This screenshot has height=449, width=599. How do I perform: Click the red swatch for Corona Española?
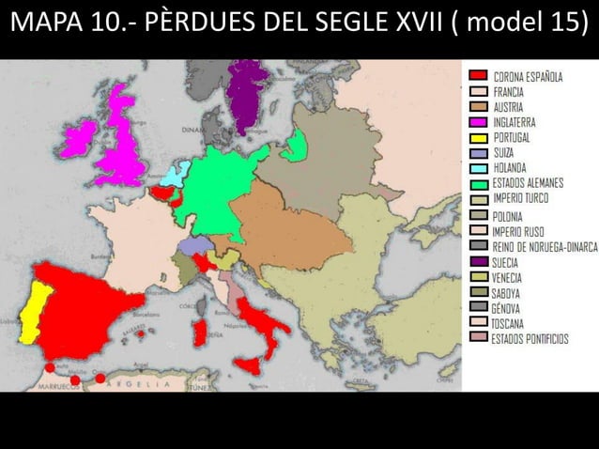478,75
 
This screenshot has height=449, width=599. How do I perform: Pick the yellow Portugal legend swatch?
478,137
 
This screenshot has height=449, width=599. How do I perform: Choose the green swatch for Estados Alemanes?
478,183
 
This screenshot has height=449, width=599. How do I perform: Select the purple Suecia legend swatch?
478,261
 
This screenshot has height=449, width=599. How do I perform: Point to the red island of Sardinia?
199,331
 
